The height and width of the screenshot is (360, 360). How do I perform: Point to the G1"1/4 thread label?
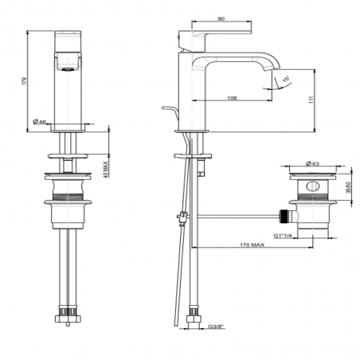pyautogui.click(x=283, y=236)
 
